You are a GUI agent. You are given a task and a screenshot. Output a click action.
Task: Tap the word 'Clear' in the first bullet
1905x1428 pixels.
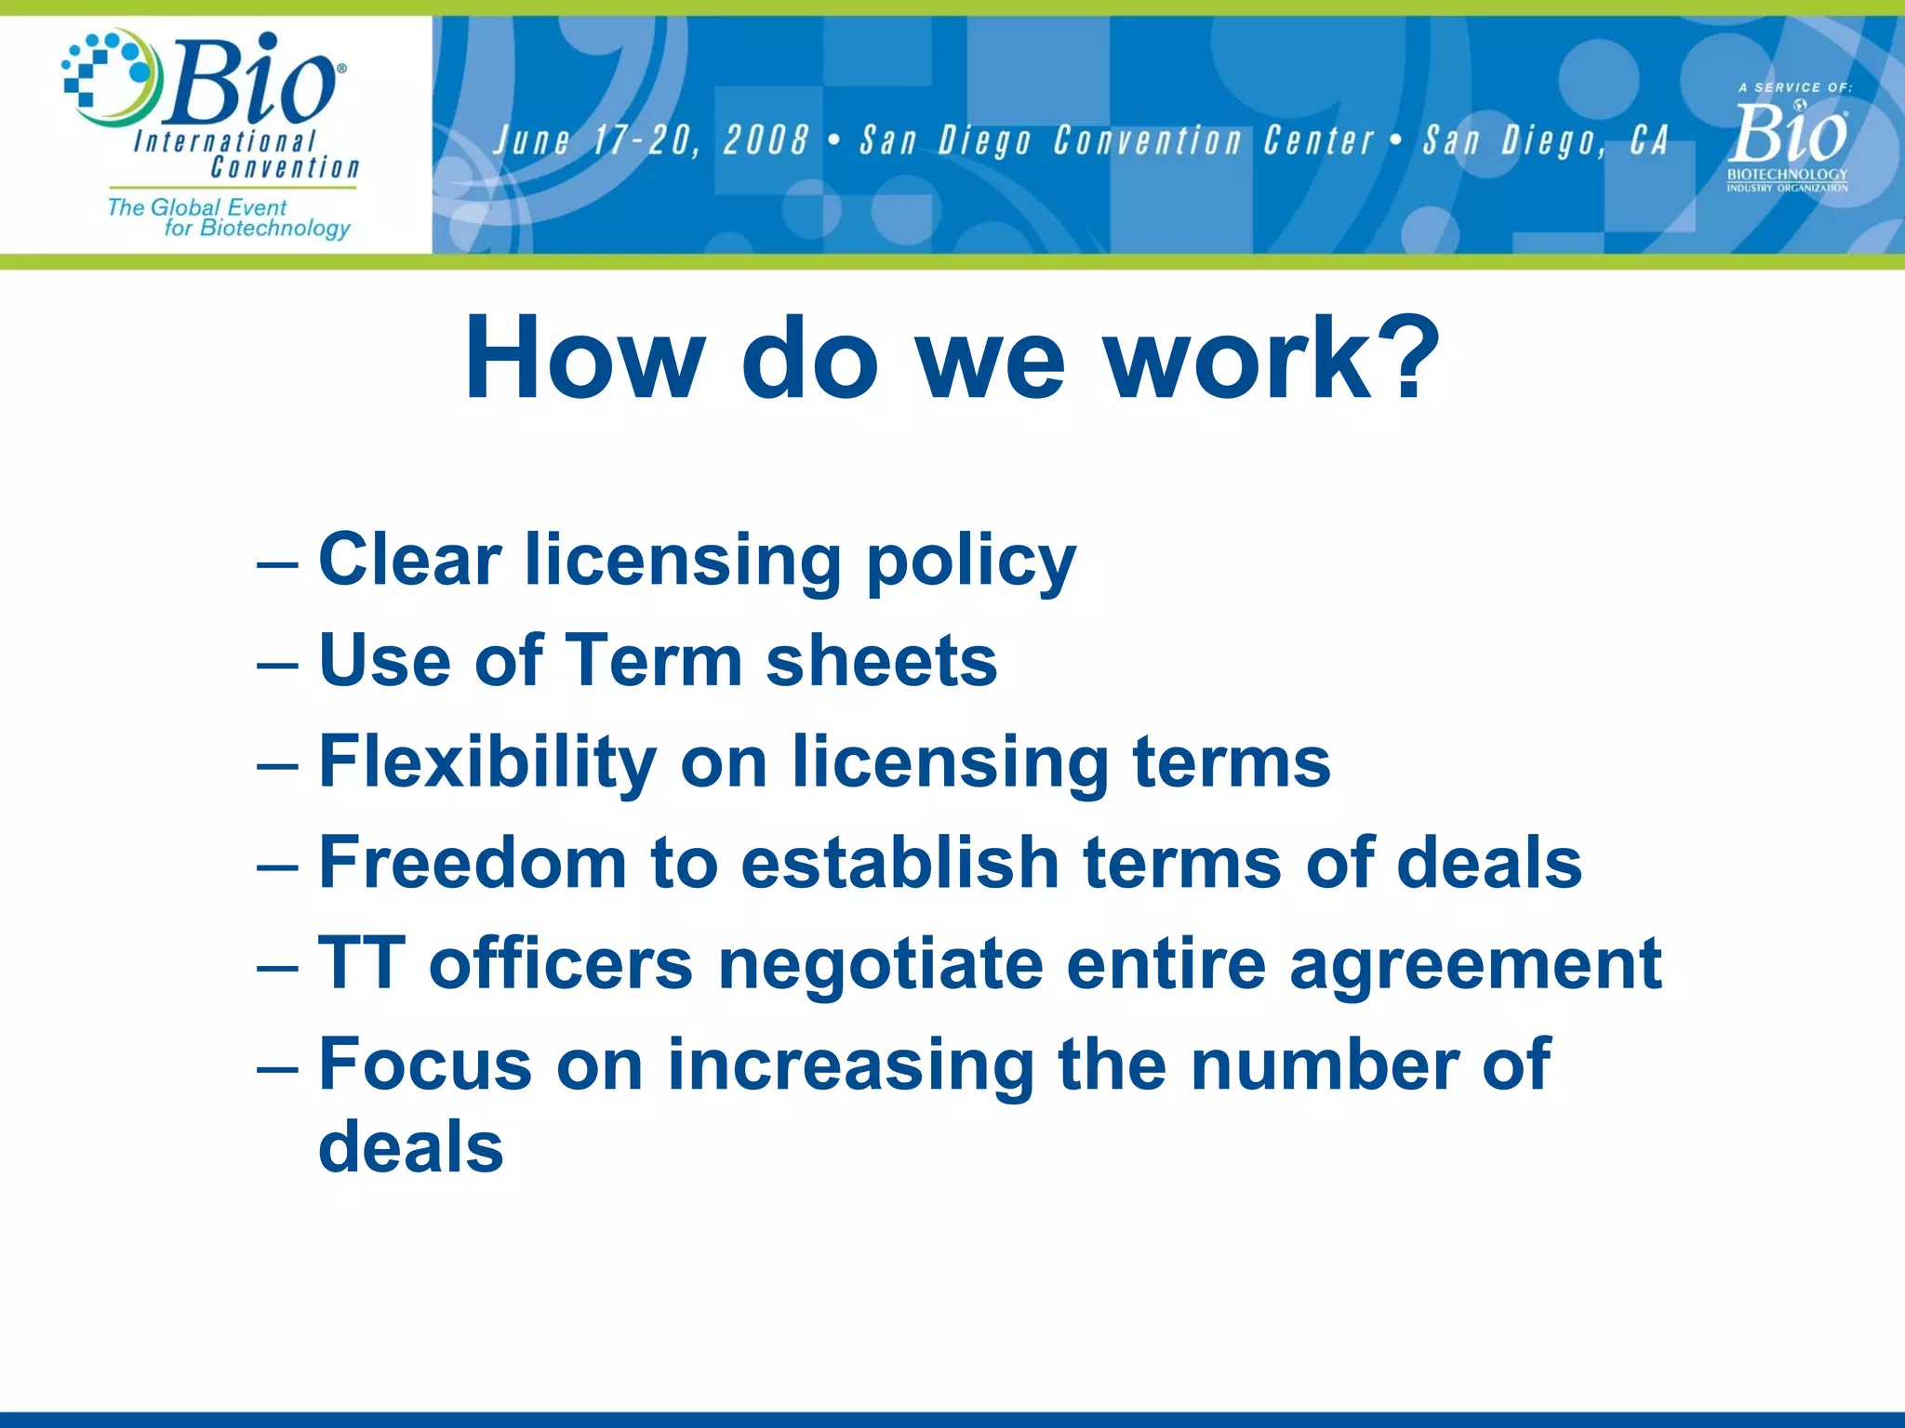pyautogui.click(x=409, y=561)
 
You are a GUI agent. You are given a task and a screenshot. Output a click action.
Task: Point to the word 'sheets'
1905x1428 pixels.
pyautogui.click(x=881, y=661)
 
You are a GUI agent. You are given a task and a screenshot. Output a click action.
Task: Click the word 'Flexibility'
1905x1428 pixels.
pyautogui.click(x=487, y=762)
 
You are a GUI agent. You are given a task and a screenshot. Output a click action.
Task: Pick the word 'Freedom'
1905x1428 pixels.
pyautogui.click(x=473, y=863)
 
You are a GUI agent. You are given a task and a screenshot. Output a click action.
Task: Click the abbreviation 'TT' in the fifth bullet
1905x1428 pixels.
pyautogui.click(x=361, y=964)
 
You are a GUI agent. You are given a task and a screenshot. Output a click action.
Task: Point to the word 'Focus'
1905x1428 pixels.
pyautogui.click(x=425, y=1065)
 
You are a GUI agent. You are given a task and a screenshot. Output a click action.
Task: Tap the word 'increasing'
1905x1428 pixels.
pyautogui.click(x=850, y=1067)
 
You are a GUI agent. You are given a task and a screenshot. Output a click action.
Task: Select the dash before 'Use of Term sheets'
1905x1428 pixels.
pyautogui.click(x=276, y=665)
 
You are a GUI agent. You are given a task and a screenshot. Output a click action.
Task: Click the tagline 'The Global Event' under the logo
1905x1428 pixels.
pyautogui.click(x=196, y=206)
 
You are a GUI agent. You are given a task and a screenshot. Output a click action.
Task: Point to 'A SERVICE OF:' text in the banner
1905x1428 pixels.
pyautogui.click(x=1795, y=87)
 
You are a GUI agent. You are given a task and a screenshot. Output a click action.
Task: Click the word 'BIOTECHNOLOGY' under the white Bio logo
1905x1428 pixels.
pyautogui.click(x=1787, y=174)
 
